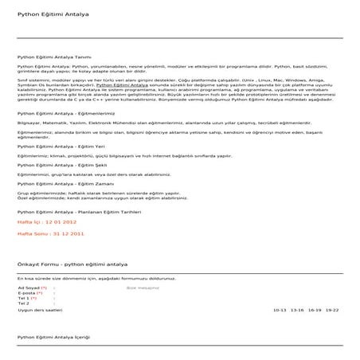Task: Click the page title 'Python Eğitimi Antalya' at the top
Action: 45,14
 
